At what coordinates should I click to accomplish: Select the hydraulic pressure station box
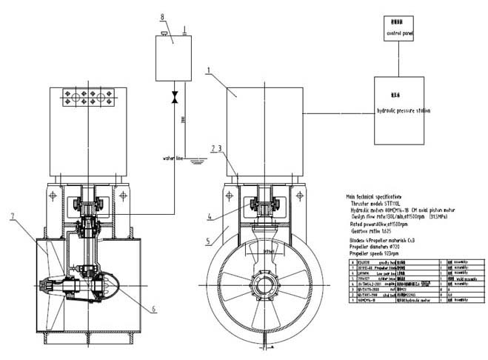tap(404, 110)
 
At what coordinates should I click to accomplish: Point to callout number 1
tap(210, 72)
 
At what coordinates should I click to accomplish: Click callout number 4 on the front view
tap(210, 216)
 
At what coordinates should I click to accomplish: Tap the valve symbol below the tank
tap(176, 97)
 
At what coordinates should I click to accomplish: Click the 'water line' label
tap(173, 158)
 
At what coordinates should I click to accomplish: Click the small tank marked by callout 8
tap(173, 57)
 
